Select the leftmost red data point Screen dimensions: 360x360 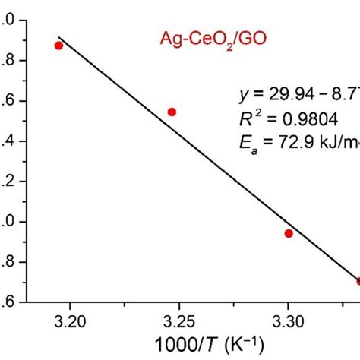[59, 46]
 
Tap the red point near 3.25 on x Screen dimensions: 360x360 [172, 112]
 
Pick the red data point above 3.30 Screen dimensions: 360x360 [289, 233]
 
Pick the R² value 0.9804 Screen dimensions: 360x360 [309, 118]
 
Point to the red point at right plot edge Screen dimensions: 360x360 [358, 281]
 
